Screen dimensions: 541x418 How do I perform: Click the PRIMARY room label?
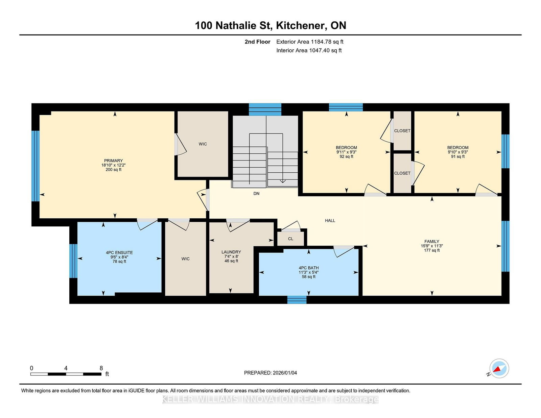coord(113,161)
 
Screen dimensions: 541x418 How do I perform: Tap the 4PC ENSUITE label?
coord(119,252)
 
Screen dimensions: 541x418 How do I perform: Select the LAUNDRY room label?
coord(231,252)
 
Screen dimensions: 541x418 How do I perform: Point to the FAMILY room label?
coord(432,241)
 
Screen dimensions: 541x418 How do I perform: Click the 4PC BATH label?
coord(309,268)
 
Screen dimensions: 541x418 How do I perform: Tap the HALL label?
coord(330,220)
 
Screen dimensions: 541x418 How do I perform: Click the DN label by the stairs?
coord(256,193)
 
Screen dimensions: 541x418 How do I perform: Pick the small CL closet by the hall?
coord(290,239)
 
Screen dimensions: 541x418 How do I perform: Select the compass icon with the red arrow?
coord(499,368)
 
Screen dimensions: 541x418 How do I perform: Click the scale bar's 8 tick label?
coord(101,368)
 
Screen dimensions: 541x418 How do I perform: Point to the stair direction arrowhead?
coord(283,181)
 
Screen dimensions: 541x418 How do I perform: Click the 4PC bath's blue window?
coord(297,300)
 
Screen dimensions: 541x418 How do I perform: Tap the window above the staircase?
coord(265,109)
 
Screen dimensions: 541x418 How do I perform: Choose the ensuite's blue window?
coord(73,261)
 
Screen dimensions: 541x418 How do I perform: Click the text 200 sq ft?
coord(113,170)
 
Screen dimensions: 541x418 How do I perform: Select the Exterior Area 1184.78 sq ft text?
coord(310,42)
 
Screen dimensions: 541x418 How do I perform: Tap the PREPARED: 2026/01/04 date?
coord(270,373)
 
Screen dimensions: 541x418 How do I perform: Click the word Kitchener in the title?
coord(301,25)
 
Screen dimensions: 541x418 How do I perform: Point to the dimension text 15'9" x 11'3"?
coord(432,246)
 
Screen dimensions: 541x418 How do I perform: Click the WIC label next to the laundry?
coord(186,259)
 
